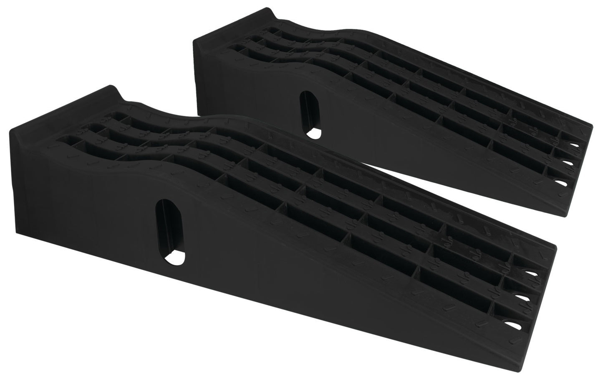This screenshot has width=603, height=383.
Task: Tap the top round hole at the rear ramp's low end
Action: click(x=576, y=146)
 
